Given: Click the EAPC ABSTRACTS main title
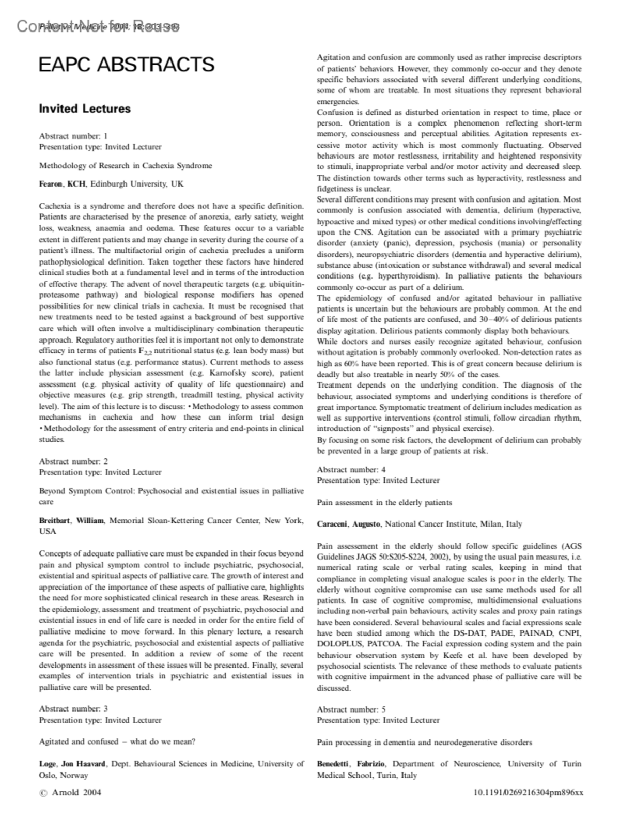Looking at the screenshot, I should (x=127, y=65).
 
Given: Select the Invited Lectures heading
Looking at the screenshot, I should (x=85, y=109).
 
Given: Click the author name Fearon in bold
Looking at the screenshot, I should (x=51, y=184).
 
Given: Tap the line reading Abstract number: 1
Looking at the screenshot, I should (x=73, y=136).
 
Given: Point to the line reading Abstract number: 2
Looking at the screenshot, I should (x=73, y=461).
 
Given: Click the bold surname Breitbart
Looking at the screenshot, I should (x=55, y=520).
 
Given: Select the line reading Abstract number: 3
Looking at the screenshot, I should (x=73, y=708).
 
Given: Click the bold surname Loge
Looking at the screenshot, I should (x=48, y=764).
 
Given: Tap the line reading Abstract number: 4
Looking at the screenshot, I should (x=351, y=469).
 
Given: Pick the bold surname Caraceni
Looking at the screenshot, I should (x=333, y=524).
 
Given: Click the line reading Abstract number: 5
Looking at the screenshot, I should (x=351, y=709).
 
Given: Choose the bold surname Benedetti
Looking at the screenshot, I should (x=333, y=764).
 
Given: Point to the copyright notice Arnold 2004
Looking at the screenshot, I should (x=71, y=792).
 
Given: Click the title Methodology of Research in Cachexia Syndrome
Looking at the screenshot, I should (x=126, y=166).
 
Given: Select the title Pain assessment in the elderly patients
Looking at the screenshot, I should (x=384, y=502).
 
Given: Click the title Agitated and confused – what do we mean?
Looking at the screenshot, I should (x=117, y=741).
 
